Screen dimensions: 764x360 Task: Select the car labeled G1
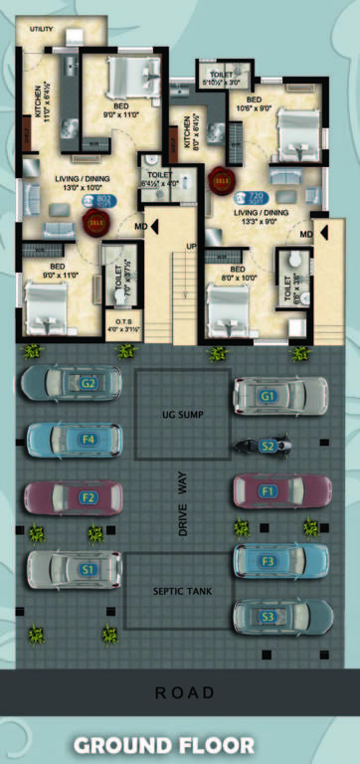pyautogui.click(x=280, y=396)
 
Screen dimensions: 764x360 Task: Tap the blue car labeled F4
pyautogui.click(x=74, y=439)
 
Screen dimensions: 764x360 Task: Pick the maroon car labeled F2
pyautogui.click(x=74, y=497)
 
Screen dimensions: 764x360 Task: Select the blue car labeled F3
pyautogui.click(x=280, y=561)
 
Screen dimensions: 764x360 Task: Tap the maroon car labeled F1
pyautogui.click(x=281, y=490)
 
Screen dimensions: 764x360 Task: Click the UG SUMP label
pyautogui.click(x=181, y=411)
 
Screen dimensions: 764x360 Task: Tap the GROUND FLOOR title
pyautogui.click(x=180, y=744)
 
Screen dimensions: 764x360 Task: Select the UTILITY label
pyautogui.click(x=42, y=30)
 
